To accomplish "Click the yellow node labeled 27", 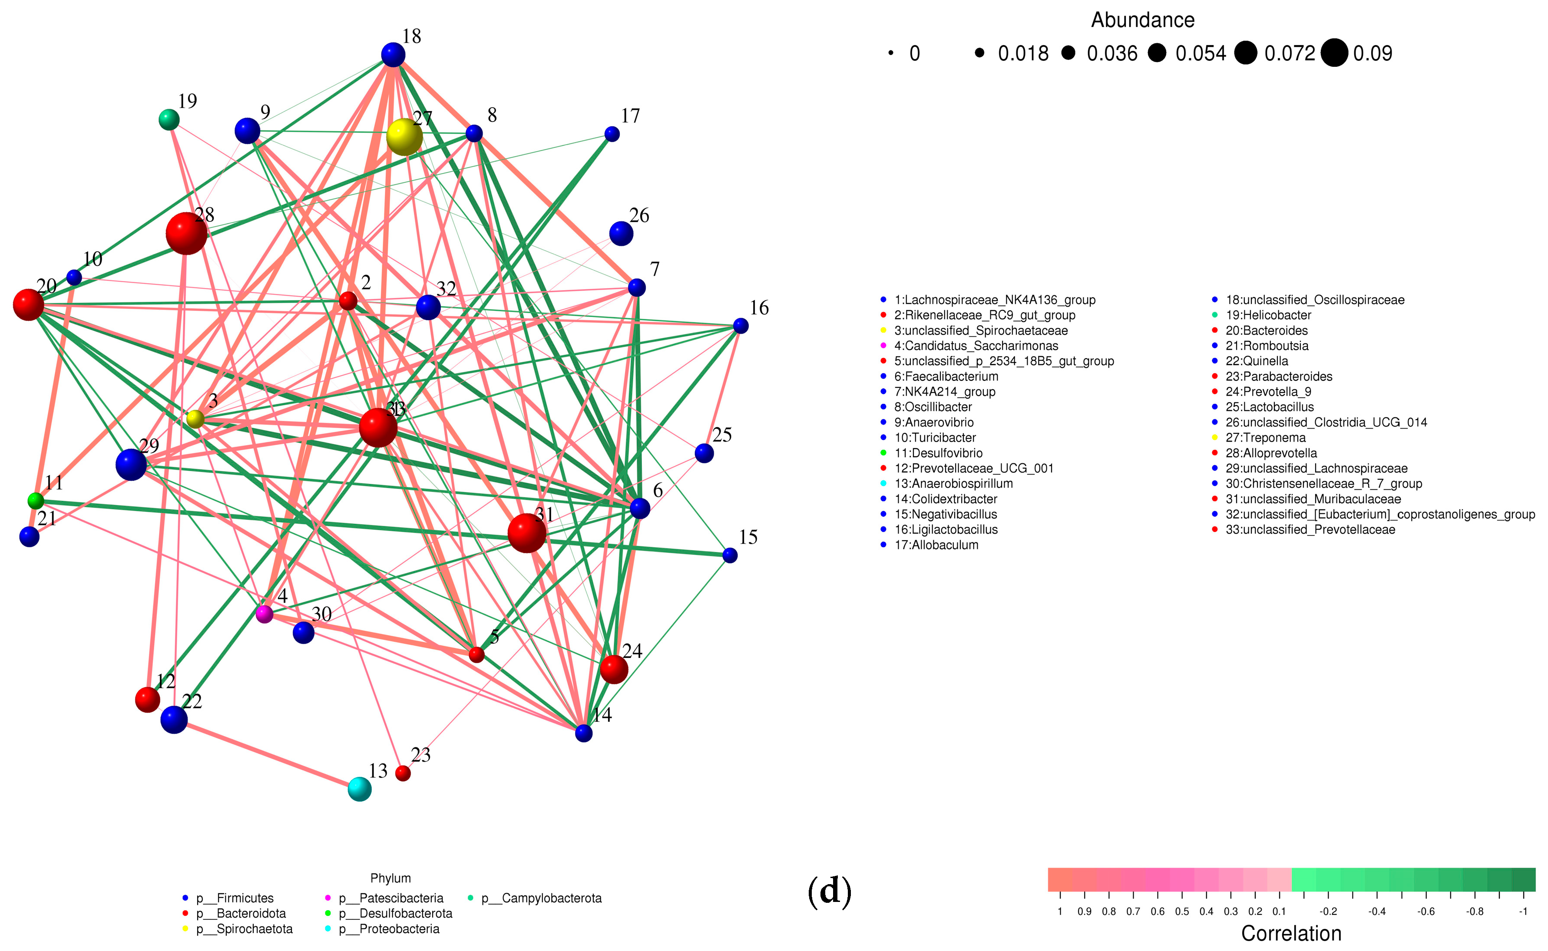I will (404, 136).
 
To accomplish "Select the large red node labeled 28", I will (186, 233).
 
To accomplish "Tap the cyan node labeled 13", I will (359, 789).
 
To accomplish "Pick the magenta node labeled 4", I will (264, 614).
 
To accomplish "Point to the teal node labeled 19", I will (169, 119).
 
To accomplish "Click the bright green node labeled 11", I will (36, 501).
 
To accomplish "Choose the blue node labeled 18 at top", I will (393, 55).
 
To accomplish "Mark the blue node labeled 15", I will (730, 555).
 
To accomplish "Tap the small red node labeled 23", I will (403, 773).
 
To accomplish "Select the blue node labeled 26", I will (621, 233).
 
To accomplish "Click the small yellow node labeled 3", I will (195, 419).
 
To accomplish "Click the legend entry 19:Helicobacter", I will (1268, 315).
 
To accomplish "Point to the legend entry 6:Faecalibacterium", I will (946, 376).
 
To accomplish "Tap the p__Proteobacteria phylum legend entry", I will (399, 929).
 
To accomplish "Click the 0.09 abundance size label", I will (1373, 53).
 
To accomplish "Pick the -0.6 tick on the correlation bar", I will (1426, 911).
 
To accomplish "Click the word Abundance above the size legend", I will (1142, 20).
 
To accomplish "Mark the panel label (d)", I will (830, 891).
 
